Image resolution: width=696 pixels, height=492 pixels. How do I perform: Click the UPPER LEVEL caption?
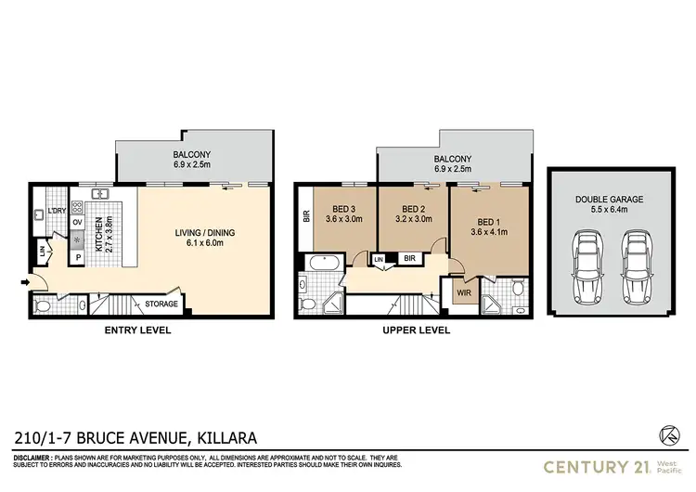click(x=417, y=330)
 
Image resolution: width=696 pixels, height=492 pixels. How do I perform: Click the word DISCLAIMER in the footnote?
click(x=36, y=459)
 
